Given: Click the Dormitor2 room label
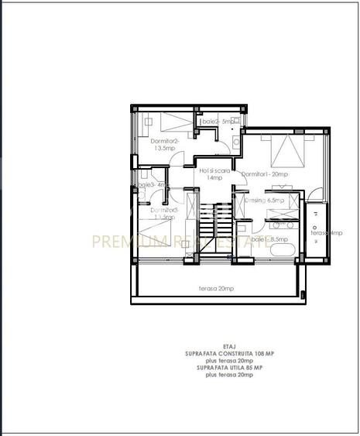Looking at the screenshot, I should (164, 144).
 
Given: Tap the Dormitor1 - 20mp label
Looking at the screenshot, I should (265, 174).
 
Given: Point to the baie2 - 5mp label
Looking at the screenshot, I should (218, 122).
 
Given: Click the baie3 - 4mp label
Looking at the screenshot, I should (153, 185).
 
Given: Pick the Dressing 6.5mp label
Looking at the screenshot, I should (264, 201).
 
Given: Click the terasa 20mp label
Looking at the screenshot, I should (217, 288).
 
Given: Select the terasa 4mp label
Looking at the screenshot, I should (325, 232).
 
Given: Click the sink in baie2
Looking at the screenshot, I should (235, 144).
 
